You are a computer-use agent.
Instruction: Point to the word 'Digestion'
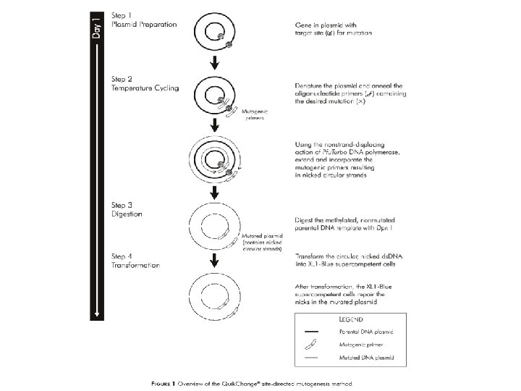[127, 214]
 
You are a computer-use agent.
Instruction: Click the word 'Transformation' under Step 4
[135, 265]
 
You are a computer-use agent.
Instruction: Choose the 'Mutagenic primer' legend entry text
[365, 345]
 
